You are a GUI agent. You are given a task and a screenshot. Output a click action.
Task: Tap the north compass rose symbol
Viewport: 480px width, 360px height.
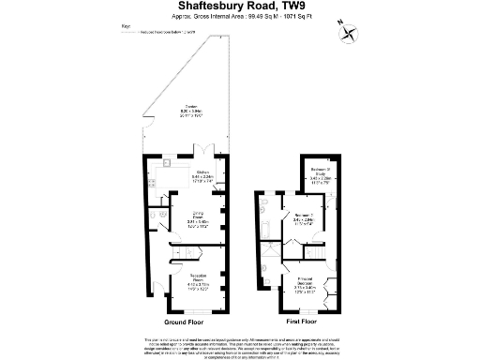point(351,33)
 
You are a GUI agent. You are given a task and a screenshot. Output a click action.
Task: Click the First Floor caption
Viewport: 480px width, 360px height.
point(296,322)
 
